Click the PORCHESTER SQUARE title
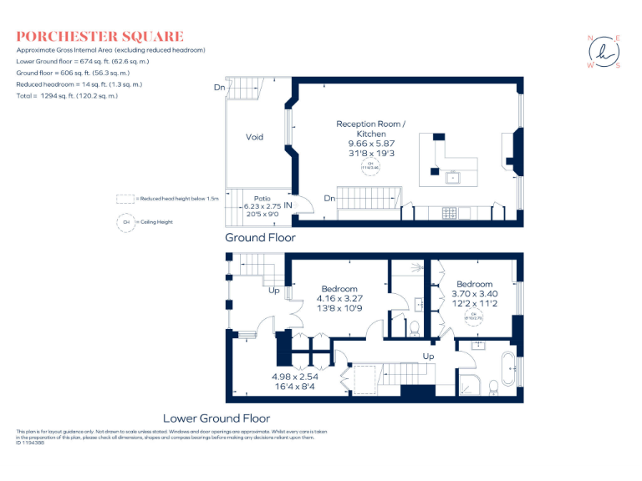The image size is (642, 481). coord(99,37)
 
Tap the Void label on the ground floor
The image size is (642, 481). coord(255,137)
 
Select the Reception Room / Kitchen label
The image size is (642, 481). coord(370,129)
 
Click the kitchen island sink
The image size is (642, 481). coord(454,176)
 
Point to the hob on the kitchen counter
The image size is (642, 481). coord(449,212)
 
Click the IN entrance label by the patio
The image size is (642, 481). coord(288,205)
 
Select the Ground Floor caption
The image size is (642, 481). coord(260,238)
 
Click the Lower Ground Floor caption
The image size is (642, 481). coord(217,418)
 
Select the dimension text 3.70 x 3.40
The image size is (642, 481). coord(474,294)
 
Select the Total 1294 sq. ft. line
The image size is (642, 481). coord(67,96)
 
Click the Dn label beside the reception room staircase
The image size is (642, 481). coord(330,199)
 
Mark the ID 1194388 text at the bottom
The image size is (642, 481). coord(30,443)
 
